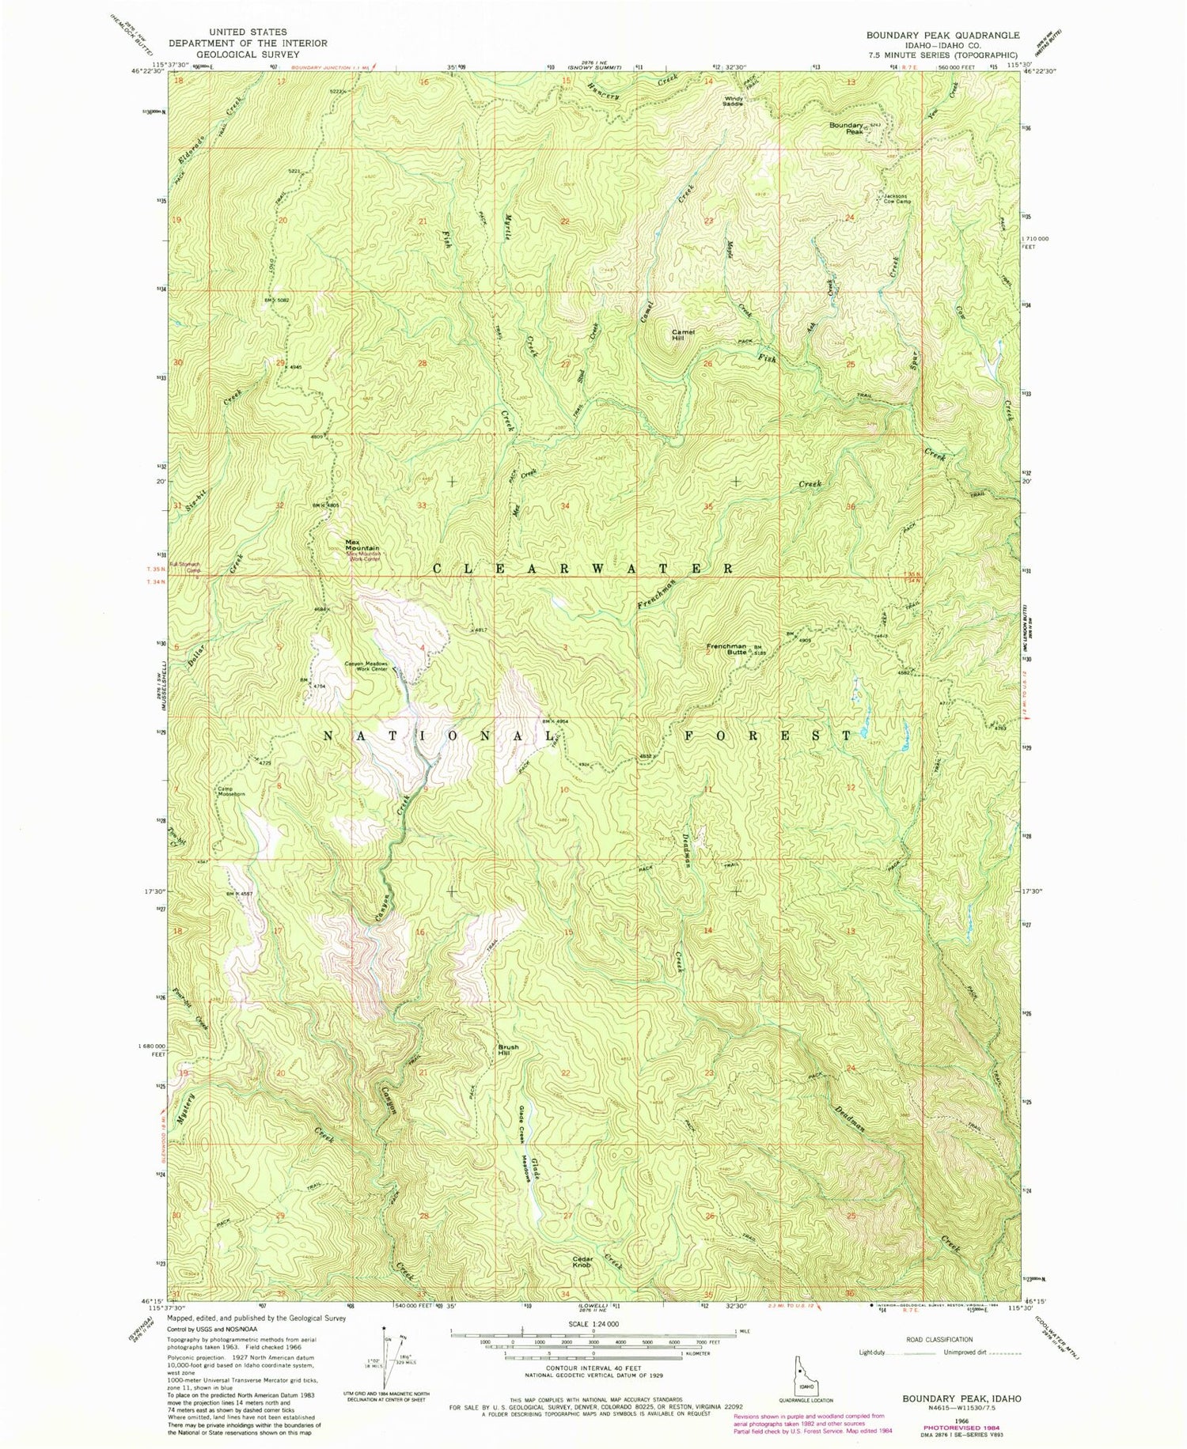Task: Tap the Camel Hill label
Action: tap(683, 335)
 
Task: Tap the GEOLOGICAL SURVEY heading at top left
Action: tap(248, 55)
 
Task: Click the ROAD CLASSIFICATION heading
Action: tap(939, 1339)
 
